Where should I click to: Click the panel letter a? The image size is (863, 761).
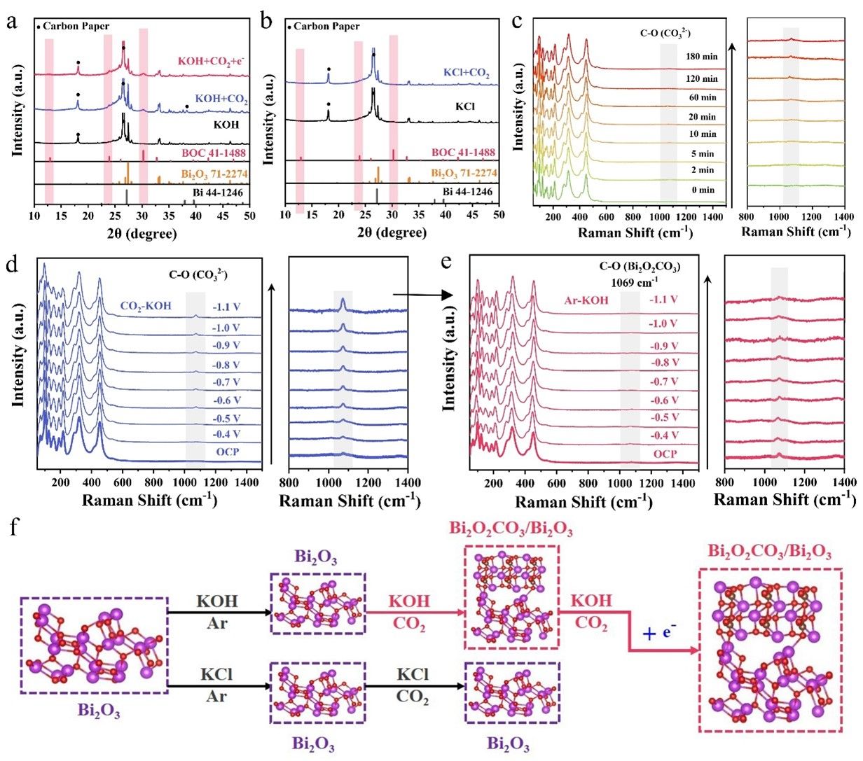click(12, 21)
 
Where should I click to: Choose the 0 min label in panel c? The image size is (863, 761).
click(702, 190)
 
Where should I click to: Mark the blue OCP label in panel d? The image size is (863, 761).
click(228, 452)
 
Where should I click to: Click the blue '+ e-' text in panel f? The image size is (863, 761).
click(660, 633)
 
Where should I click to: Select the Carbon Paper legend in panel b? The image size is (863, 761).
click(324, 27)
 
